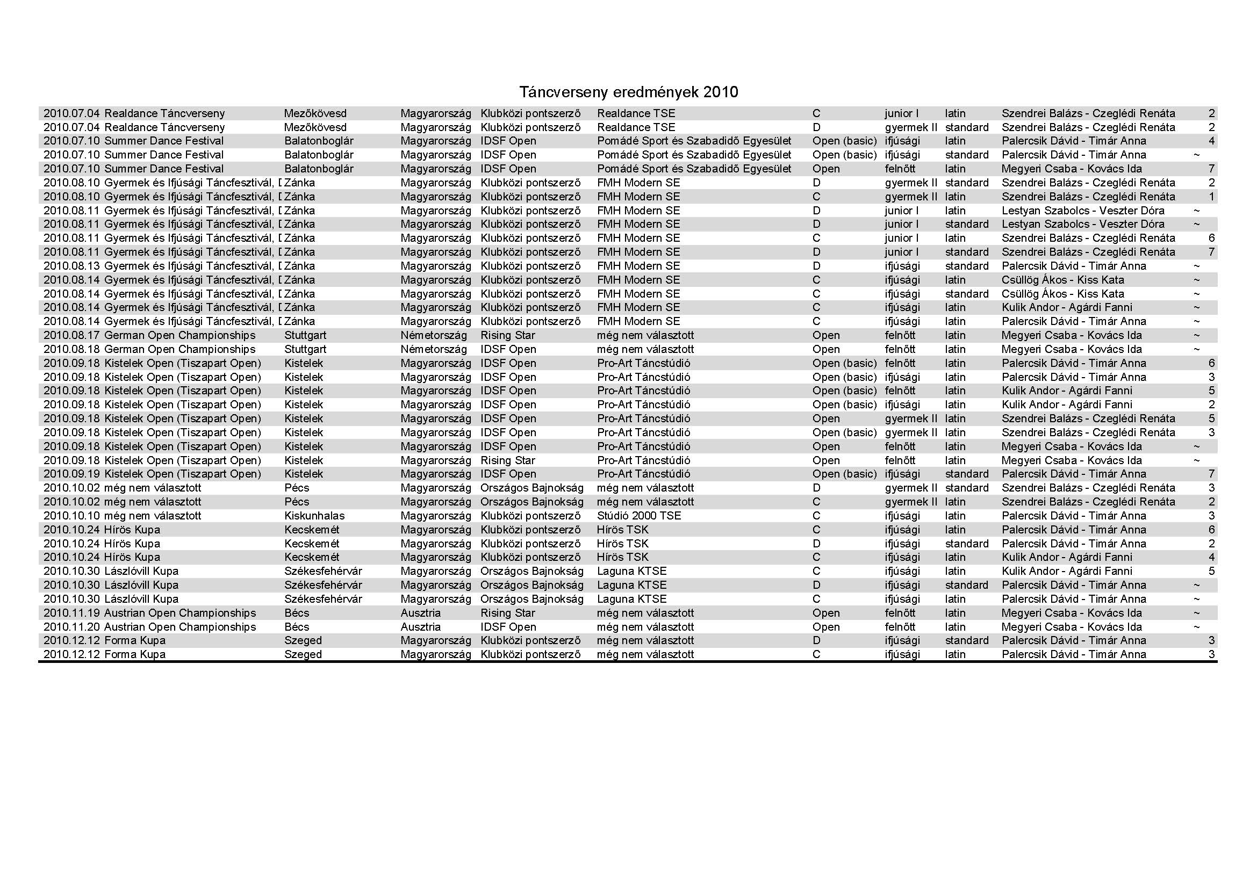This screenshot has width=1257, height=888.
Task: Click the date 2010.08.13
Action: [71, 266]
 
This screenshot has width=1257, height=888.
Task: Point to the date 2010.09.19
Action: [71, 474]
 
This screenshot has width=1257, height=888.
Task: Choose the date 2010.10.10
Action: [71, 516]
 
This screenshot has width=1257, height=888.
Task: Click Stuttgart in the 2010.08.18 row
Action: [305, 349]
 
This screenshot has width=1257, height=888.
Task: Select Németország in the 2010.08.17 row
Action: [434, 335]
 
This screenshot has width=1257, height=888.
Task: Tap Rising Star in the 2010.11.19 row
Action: [507, 613]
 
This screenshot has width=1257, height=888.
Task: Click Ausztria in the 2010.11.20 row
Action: [420, 627]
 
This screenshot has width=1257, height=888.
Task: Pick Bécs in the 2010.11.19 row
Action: [297, 613]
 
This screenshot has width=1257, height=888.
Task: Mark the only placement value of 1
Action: [1211, 197]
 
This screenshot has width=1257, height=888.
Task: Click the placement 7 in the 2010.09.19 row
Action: [1211, 474]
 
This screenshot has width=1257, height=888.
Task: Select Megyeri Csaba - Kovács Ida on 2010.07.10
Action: [1072, 169]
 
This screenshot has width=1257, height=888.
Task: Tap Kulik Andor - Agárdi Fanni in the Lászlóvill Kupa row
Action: [1066, 571]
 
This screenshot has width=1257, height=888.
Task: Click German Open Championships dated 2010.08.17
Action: [179, 335]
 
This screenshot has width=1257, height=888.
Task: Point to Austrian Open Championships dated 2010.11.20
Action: [179, 627]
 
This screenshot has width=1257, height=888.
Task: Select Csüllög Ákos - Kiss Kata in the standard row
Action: [1062, 294]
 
